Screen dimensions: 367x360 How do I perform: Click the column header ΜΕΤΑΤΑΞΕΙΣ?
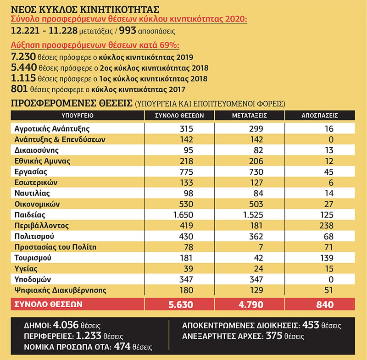coord(250,116)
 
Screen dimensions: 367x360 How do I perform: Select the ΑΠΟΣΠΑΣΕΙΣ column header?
coord(320,116)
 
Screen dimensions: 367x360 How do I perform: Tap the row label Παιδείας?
coord(30,215)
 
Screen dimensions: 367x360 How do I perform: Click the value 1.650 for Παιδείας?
coord(183,215)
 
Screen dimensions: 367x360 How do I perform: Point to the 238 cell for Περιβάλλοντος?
coord(327,226)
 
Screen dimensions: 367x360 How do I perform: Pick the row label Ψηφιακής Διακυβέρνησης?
coord(61,290)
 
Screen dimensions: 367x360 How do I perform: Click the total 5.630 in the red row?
coord(181,305)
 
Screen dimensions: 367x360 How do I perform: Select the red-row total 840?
coord(325,305)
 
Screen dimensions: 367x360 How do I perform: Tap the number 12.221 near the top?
coord(26,31)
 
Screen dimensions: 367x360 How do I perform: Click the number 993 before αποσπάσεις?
coord(128,31)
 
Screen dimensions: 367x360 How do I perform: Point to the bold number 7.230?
coord(23,57)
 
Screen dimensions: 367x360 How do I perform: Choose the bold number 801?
coord(19,89)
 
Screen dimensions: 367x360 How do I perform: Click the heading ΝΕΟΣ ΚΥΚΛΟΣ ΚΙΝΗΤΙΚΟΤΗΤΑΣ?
coord(85,10)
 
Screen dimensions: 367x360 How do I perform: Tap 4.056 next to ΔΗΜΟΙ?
coord(66,325)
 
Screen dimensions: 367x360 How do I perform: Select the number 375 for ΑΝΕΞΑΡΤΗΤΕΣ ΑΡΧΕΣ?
coord(274,336)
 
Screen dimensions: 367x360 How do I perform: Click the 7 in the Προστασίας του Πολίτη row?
coord(261,247)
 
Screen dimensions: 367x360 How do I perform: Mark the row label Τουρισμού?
coord(33,258)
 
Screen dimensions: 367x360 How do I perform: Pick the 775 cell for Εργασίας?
coord(186,172)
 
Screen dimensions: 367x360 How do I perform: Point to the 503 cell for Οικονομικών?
coord(256,204)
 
